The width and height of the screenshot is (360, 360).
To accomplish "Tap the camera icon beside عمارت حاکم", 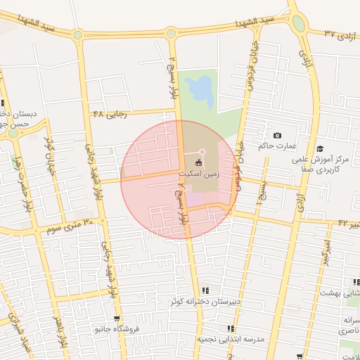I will pyautogui.click(x=277, y=135).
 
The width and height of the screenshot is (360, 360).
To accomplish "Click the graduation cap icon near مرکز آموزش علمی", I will pyautogui.click(x=320, y=148).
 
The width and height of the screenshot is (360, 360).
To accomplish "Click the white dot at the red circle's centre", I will pyautogui.click(x=202, y=152).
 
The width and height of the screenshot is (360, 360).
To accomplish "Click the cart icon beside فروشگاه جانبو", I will pyautogui.click(x=107, y=319).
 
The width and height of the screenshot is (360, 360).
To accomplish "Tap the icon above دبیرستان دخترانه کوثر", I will pyautogui.click(x=205, y=290).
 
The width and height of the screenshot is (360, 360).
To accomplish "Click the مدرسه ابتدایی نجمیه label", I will pyautogui.click(x=230, y=339).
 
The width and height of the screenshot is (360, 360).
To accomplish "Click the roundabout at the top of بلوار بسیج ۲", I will pyautogui.click(x=171, y=32).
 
